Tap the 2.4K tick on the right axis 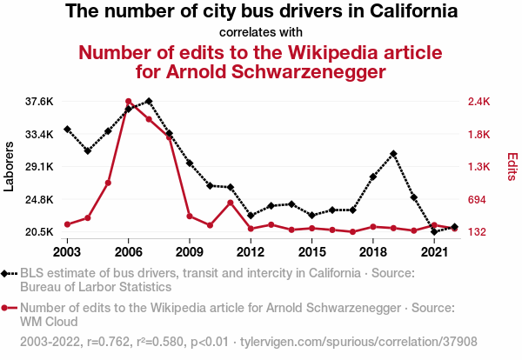pos(480,102)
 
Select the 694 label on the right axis pos(478,200)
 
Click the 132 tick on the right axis pos(478,232)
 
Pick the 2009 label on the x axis pos(190,252)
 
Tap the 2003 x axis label pos(67,252)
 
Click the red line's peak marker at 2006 pos(128,102)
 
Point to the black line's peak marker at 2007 pos(149,101)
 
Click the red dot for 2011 pos(231,203)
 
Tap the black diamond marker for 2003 pos(67,129)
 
